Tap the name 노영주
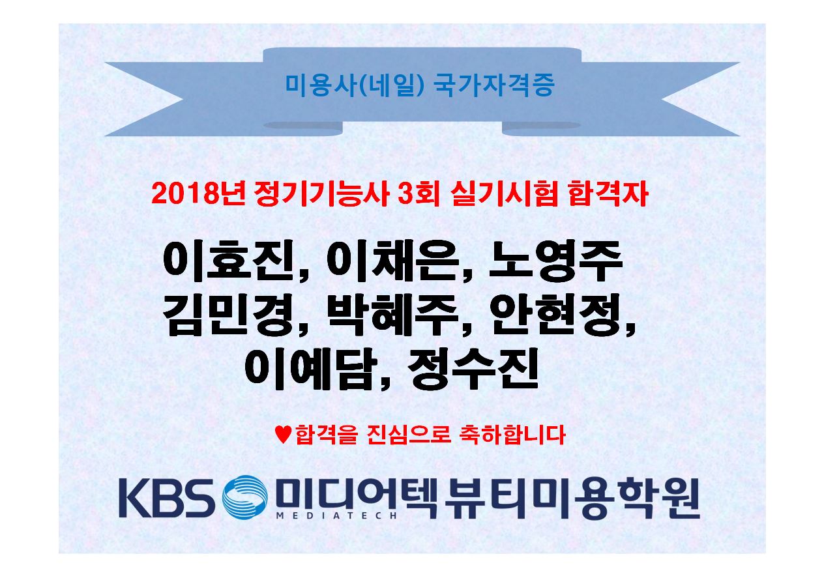[x=556, y=261]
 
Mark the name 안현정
[x=556, y=315]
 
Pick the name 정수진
[x=473, y=368]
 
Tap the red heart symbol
[x=283, y=435]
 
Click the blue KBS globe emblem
[x=244, y=497]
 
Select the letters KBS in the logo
[x=168, y=497]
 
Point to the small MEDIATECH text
[x=336, y=515]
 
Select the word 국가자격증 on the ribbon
[x=493, y=85]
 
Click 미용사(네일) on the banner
[x=355, y=85]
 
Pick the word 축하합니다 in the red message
[x=512, y=435]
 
